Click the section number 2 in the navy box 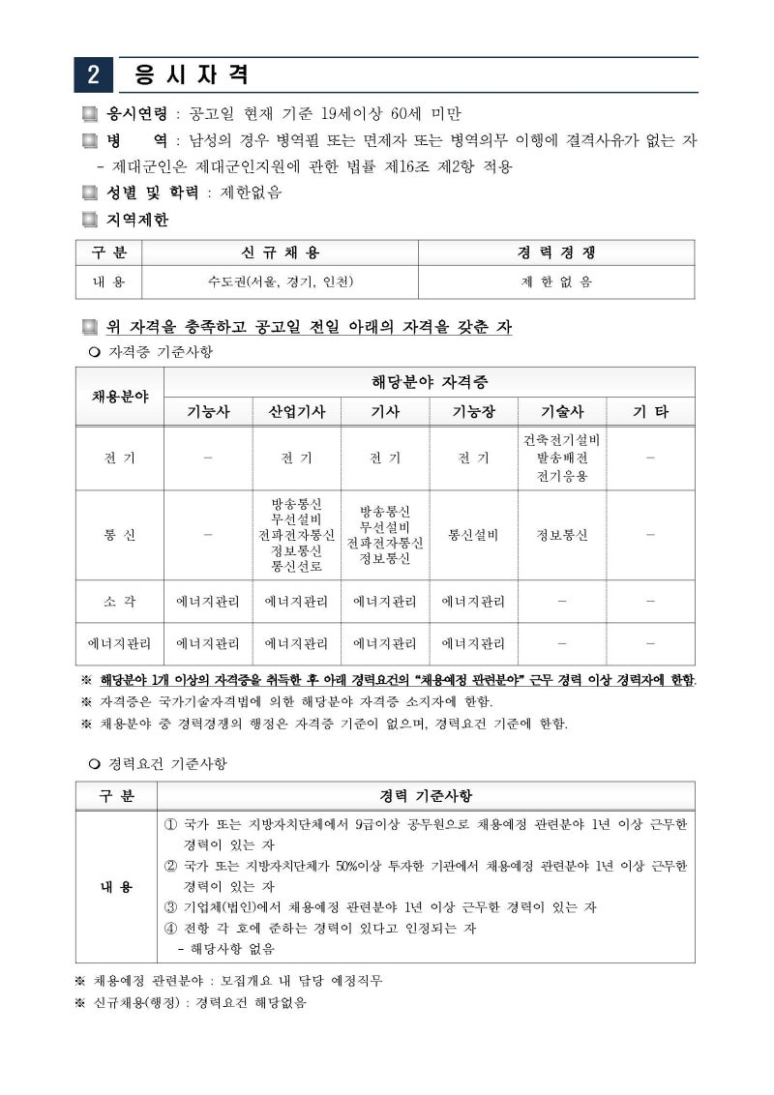click(93, 74)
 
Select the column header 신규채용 click(280, 252)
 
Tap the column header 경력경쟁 click(556, 252)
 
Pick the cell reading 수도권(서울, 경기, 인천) click(280, 281)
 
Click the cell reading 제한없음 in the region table click(556, 281)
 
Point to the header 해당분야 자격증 click(430, 381)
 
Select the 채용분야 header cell click(120, 396)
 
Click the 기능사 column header click(208, 411)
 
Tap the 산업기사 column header click(296, 411)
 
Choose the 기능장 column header click(473, 411)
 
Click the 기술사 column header click(562, 411)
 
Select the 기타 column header click(650, 411)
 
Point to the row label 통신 click(120, 535)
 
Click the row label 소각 click(120, 601)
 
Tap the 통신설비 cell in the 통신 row click(473, 535)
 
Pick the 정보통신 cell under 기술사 click(562, 535)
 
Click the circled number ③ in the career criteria click(171, 907)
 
